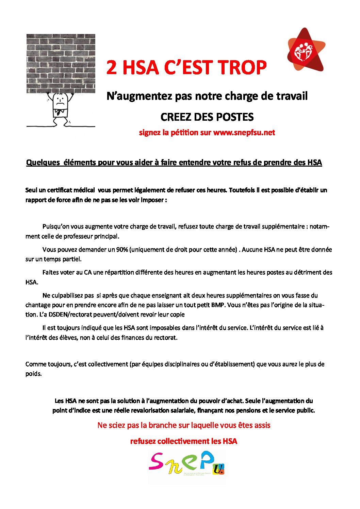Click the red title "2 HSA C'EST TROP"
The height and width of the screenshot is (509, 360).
(x=186, y=67)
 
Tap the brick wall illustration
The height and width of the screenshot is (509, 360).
(x=61, y=63)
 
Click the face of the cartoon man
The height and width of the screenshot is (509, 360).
(x=61, y=100)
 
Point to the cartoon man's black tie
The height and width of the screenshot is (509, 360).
(x=60, y=113)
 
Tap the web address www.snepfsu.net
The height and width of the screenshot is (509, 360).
(x=244, y=133)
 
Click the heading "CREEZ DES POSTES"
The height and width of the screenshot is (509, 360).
(x=207, y=117)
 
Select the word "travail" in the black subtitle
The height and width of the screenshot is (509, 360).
(x=292, y=96)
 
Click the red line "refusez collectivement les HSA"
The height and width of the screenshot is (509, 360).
(x=184, y=441)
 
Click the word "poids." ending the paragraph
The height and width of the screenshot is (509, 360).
(x=33, y=374)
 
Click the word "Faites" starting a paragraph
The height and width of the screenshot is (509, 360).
(x=51, y=272)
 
